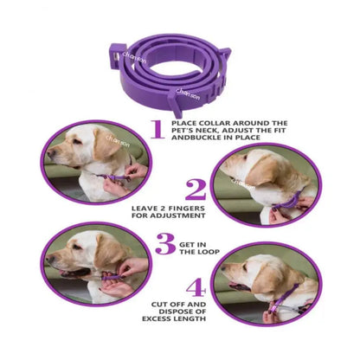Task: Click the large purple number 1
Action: [157, 129]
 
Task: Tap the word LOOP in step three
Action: [202, 253]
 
